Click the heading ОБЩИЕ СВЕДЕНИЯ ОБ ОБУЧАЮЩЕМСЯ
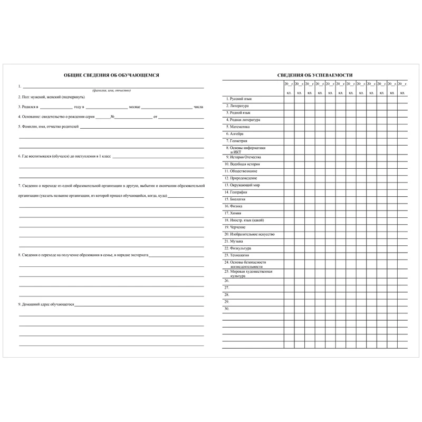pos(111,75)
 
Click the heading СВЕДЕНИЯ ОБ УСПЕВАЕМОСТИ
pos(315,75)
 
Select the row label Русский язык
pos(239,99)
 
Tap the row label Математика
pos(239,127)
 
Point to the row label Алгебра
pos(236,134)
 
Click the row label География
pos(238,193)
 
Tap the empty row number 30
pos(227,309)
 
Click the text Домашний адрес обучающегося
pos(47,305)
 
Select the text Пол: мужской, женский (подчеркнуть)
pos(51,98)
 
